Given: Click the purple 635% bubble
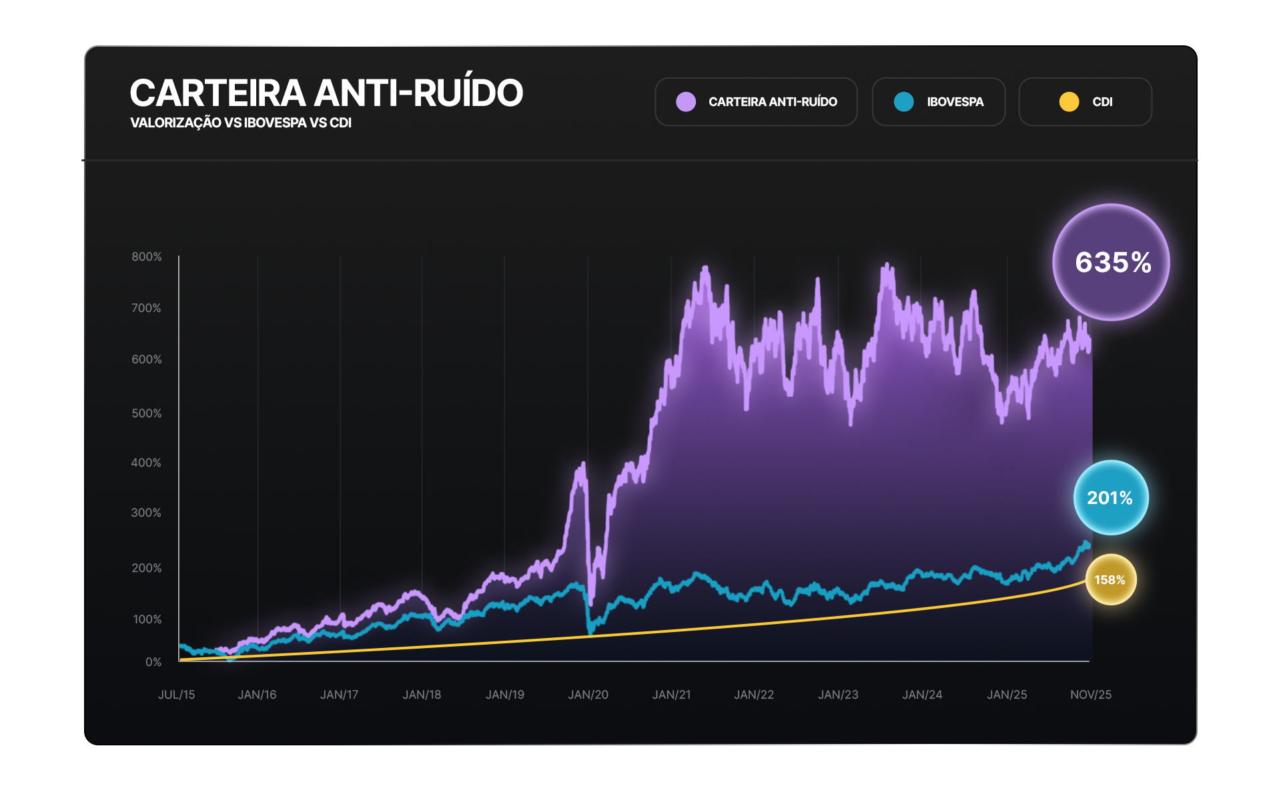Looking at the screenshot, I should (x=1111, y=262).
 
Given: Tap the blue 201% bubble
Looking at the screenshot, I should (x=1110, y=497).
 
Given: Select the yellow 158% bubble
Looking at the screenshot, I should (x=1110, y=579).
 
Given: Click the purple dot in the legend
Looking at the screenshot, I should (x=686, y=102).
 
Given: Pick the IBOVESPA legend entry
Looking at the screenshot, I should (x=938, y=102).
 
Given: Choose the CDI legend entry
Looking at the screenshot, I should (x=1085, y=102).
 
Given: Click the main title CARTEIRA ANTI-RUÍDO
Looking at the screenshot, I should (x=326, y=93).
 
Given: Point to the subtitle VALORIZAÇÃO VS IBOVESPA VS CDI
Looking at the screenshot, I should (x=241, y=123).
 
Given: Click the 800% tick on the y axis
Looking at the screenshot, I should (x=147, y=257).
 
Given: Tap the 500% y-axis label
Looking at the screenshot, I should (x=147, y=413).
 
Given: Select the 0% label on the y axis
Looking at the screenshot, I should (x=153, y=662).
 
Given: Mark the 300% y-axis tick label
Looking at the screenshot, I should (x=146, y=513).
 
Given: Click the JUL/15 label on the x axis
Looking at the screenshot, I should (x=177, y=695).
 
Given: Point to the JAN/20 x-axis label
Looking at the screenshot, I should (x=588, y=695).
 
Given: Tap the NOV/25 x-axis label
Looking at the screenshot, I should (x=1091, y=695).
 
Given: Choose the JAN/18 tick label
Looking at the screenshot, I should (x=422, y=695).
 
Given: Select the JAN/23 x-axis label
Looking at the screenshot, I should (x=838, y=695).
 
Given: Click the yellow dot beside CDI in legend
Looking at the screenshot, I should (x=1069, y=102).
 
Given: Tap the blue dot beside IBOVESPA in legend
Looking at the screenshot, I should (x=904, y=102).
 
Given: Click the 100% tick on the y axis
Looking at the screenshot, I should (x=147, y=619).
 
